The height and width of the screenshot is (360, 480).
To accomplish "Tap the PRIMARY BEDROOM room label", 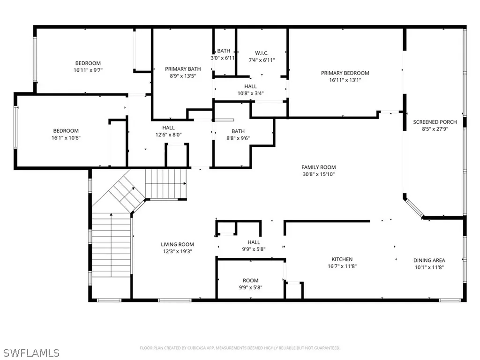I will click(345, 73).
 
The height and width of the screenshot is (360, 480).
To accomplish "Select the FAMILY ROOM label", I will click(318, 167).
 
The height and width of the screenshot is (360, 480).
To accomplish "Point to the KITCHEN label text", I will click(342, 259).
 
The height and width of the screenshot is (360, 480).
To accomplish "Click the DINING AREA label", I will click(429, 260).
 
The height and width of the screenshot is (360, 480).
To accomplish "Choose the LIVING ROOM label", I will click(177, 244).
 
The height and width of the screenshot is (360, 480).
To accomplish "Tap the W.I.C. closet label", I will click(261, 53).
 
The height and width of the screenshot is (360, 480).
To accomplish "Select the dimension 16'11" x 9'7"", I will click(88, 70).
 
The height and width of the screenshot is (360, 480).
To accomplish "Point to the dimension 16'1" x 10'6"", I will click(65, 138).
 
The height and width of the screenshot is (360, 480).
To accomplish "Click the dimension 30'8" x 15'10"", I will click(318, 174).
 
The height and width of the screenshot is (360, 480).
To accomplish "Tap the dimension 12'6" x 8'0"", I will click(168, 135).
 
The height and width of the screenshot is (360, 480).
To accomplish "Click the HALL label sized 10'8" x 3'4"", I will click(250, 86).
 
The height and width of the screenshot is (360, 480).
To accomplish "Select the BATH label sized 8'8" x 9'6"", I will click(238, 131).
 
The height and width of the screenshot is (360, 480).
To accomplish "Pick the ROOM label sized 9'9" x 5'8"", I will click(250, 280).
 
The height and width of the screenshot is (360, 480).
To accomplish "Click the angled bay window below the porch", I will click(414, 208).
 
